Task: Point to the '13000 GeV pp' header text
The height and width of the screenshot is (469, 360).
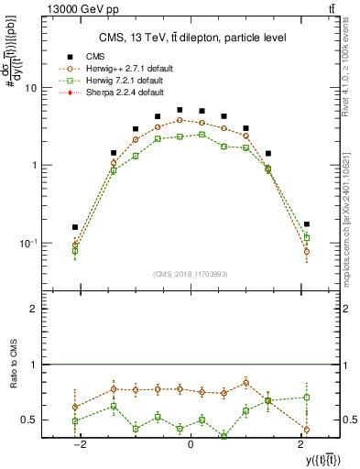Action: [x=58, y=9]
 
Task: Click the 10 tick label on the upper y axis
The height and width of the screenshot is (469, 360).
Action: [x=30, y=88]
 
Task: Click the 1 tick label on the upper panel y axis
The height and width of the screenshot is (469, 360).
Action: [x=33, y=166]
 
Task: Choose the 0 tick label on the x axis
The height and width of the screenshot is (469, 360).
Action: [x=190, y=444]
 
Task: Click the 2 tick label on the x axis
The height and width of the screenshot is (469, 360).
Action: [x=300, y=444]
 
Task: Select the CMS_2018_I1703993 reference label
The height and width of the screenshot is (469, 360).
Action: [x=190, y=273]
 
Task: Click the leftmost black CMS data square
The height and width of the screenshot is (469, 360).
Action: [x=75, y=227]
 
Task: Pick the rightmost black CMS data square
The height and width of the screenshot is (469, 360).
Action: [x=307, y=224]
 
